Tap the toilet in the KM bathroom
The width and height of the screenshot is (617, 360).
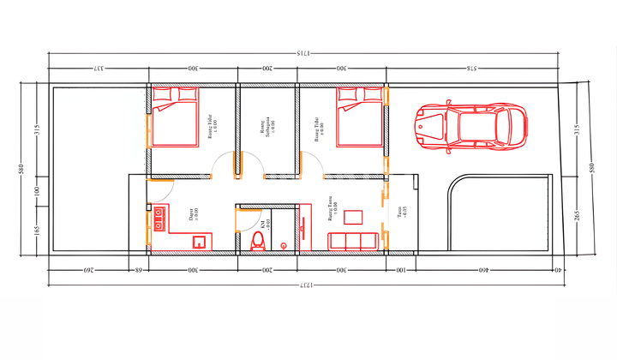(x=256, y=243)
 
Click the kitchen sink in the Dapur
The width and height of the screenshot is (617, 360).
(x=198, y=242)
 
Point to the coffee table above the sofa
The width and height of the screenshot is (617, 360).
(x=353, y=218)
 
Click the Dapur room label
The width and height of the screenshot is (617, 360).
(x=194, y=215)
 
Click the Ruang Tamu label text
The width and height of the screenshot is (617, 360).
(x=332, y=207)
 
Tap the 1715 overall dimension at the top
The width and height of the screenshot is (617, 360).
(x=303, y=54)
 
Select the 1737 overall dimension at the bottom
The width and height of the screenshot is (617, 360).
(x=303, y=284)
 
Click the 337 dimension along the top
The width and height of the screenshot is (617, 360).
(x=99, y=69)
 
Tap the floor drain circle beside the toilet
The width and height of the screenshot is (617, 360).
(x=282, y=246)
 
